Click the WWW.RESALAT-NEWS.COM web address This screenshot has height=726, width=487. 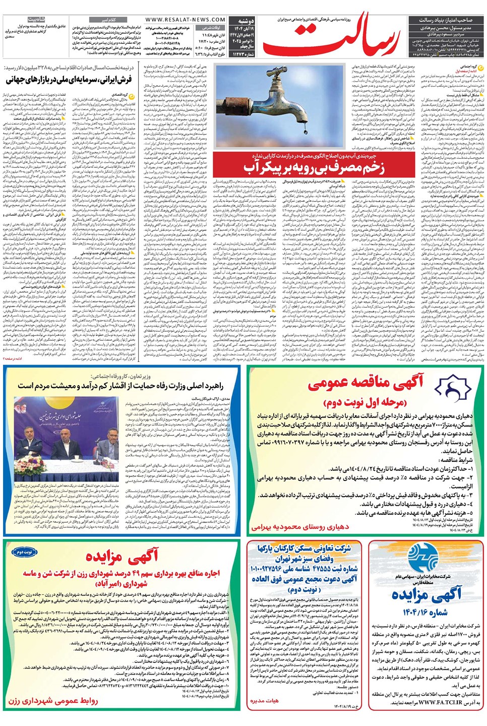click(185, 20)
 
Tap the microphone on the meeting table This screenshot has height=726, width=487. click(81, 454)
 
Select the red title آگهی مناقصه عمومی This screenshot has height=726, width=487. click(365, 383)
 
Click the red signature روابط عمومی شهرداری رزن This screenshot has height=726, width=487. click(53, 701)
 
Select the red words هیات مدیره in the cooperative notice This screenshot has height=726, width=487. click(264, 701)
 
